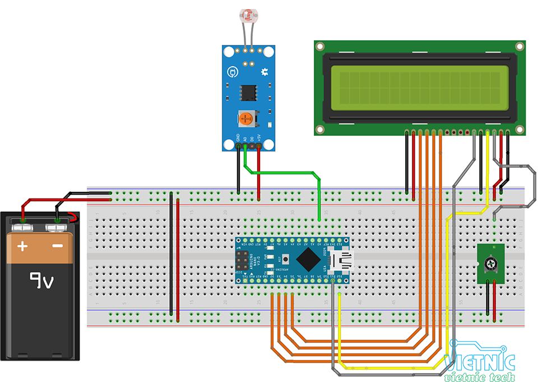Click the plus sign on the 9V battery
tap(22, 246)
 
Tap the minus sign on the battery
tap(58, 246)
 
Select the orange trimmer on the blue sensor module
tap(245, 118)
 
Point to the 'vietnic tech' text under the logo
tap(479, 376)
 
